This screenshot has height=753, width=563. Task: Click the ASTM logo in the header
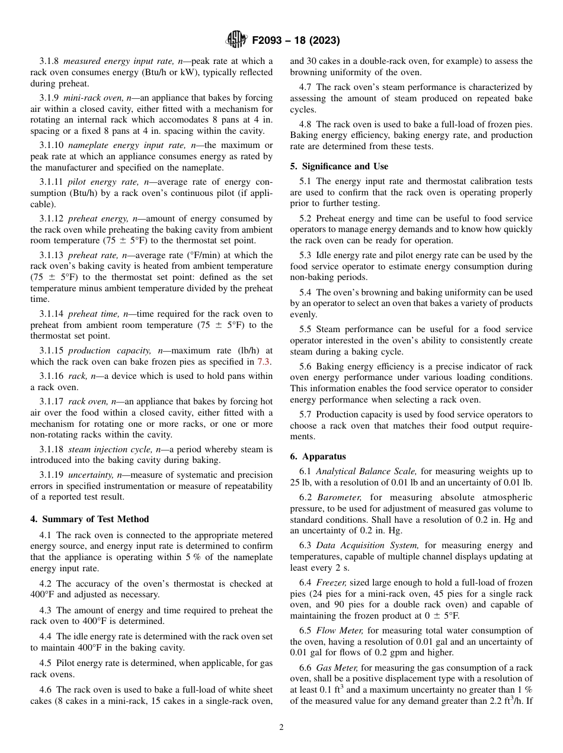237,40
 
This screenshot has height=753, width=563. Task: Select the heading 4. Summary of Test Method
89,519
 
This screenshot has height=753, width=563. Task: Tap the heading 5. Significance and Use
339,166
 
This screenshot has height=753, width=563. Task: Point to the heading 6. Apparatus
318,456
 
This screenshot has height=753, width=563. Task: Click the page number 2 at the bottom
281,728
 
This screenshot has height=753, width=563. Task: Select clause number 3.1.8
49,61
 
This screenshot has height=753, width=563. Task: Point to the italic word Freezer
331,583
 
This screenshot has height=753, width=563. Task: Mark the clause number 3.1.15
52,351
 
